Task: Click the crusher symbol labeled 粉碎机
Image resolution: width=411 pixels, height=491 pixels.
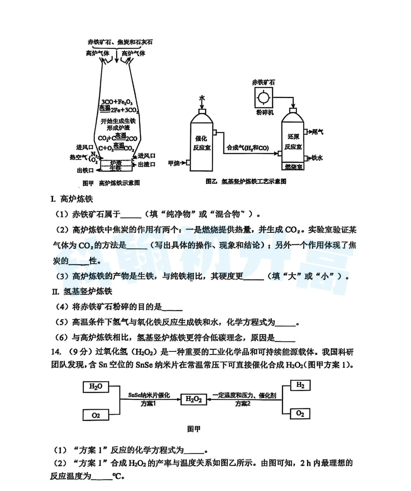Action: (263, 97)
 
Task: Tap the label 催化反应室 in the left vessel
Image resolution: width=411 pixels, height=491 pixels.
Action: (202, 143)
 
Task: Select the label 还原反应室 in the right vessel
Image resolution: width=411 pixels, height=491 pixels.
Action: (293, 141)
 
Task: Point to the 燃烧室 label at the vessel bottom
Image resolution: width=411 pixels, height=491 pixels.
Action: (293, 167)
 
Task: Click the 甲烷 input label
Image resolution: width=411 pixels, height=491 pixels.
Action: (174, 163)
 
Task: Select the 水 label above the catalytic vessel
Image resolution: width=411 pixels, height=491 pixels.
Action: (202, 98)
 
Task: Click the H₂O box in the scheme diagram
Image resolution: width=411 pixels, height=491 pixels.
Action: (96, 387)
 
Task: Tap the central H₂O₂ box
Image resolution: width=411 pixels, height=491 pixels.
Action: (194, 399)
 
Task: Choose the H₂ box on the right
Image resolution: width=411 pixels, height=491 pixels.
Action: (300, 385)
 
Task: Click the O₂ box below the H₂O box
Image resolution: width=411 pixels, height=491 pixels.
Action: (96, 415)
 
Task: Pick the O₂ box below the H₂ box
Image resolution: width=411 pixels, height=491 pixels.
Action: (300, 413)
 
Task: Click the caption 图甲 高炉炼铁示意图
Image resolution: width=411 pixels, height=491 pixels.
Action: (111, 183)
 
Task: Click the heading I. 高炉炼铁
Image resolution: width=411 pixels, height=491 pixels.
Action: (72, 199)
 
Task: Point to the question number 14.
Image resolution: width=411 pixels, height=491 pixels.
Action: (56, 352)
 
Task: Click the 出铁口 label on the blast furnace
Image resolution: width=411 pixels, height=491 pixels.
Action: (85, 170)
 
